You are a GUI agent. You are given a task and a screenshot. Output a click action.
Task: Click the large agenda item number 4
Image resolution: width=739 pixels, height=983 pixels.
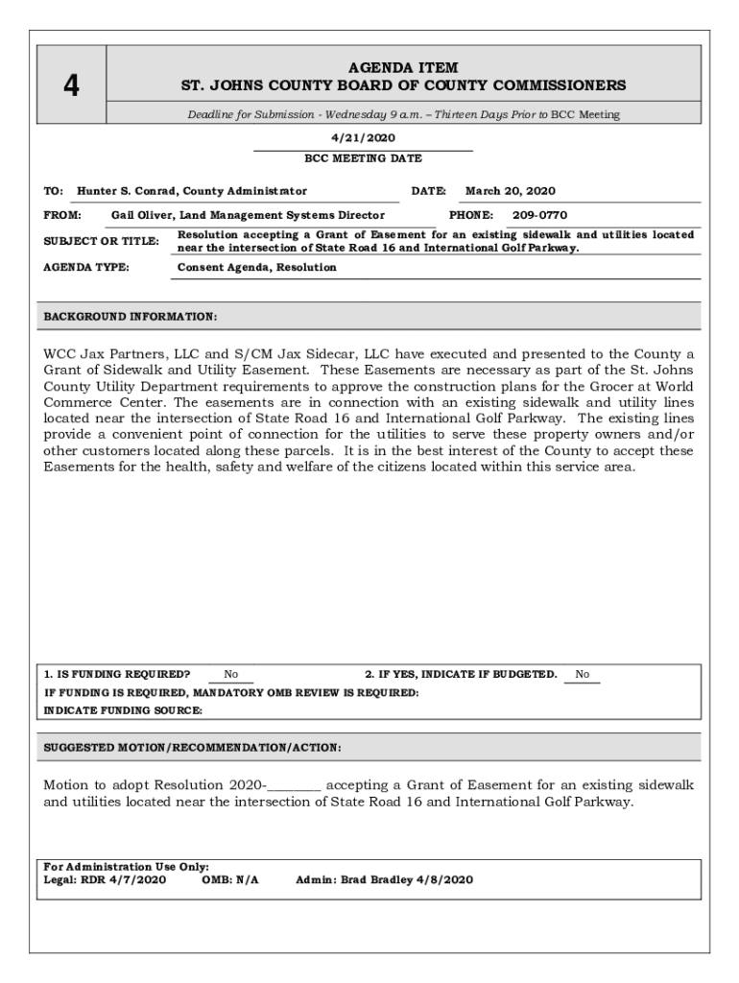(x=71, y=86)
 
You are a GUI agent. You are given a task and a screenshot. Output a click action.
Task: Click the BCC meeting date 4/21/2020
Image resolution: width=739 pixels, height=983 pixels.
(x=363, y=138)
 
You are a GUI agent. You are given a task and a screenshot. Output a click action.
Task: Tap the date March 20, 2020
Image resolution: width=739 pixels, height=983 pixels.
(x=511, y=191)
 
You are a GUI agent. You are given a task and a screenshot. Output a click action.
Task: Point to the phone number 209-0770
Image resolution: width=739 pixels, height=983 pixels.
(x=539, y=216)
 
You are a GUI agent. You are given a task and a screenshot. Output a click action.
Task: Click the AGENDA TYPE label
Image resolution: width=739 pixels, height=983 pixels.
(x=87, y=268)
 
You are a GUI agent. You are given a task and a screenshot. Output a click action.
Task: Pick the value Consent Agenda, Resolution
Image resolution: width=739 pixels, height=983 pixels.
(x=257, y=268)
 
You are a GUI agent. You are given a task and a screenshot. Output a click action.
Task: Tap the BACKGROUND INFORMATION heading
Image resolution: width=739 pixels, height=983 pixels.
(x=131, y=316)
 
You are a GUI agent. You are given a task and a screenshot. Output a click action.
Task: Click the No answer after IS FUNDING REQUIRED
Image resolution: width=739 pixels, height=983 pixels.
(x=231, y=675)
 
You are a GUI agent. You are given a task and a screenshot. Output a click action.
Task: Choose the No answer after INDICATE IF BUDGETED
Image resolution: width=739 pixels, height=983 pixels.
(x=583, y=675)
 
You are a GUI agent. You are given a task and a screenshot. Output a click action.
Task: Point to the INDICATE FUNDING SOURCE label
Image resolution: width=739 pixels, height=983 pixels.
(x=124, y=710)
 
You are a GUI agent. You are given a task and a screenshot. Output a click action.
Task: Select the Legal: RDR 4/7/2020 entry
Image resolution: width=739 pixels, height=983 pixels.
(x=106, y=879)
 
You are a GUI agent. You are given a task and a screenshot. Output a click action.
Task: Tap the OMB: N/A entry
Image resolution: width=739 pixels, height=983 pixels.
(x=230, y=879)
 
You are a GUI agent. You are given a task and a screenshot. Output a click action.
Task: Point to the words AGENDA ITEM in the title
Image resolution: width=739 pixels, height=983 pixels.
(x=403, y=68)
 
